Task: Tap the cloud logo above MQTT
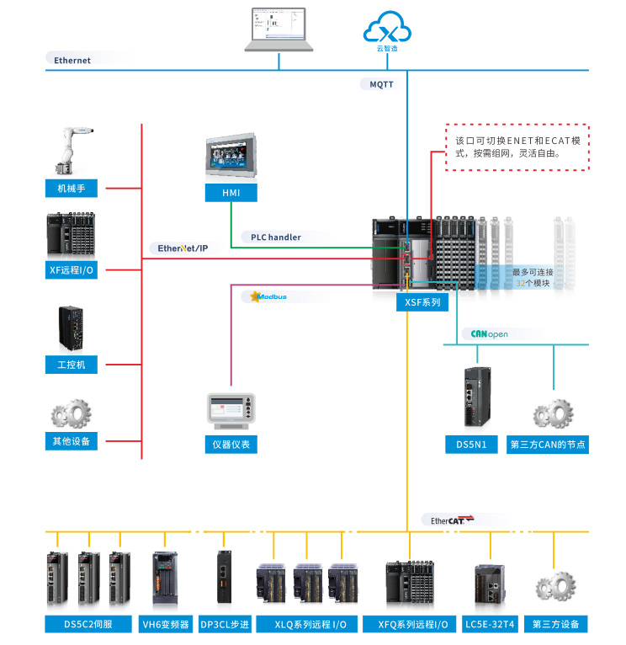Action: pos(387,30)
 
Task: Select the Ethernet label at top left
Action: pos(72,61)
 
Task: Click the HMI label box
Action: pos(231,194)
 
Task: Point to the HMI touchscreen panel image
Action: pos(231,157)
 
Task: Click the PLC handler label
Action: pos(276,237)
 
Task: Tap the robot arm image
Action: pos(71,150)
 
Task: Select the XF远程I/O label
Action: pos(72,270)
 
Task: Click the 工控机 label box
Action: pos(72,365)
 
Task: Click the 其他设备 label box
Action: pos(72,440)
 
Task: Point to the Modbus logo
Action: pos(269,297)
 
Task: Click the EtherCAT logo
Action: pos(453,520)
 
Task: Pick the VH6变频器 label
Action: pos(164,624)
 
